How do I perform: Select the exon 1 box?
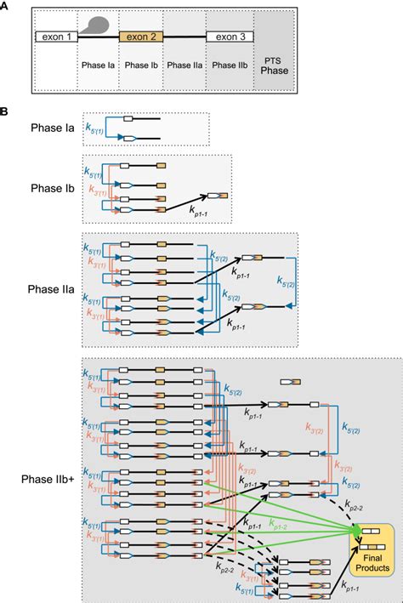click(x=55, y=37)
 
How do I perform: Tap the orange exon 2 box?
click(x=141, y=37)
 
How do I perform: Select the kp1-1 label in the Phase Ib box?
click(x=197, y=219)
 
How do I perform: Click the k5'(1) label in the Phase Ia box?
click(x=95, y=128)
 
